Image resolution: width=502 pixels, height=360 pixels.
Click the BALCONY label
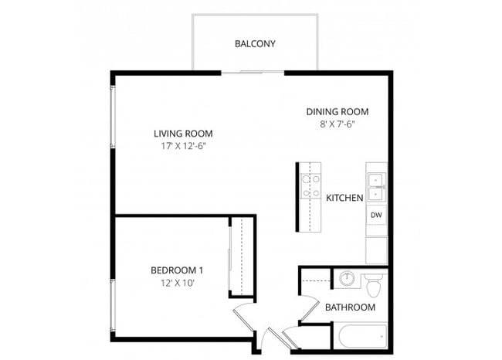coord(255,43)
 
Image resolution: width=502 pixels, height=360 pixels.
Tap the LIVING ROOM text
coord(183,133)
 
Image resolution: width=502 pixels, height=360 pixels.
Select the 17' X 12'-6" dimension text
coord(183,145)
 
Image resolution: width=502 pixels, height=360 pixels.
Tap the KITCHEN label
coord(344,198)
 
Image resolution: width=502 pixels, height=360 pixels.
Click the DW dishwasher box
coord(376,215)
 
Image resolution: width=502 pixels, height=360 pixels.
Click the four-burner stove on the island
coord(310,185)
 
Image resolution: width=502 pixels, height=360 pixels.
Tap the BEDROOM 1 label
coord(177,270)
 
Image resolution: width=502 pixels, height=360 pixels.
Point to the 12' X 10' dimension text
coord(177,283)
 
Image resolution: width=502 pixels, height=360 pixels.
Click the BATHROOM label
coord(350,307)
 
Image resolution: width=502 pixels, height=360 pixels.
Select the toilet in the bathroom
coord(375,284)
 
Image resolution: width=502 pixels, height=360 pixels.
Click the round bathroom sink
coord(348,279)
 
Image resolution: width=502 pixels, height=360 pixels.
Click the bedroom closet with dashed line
coord(241,256)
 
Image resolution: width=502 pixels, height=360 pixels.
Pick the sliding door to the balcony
coord(253,73)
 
